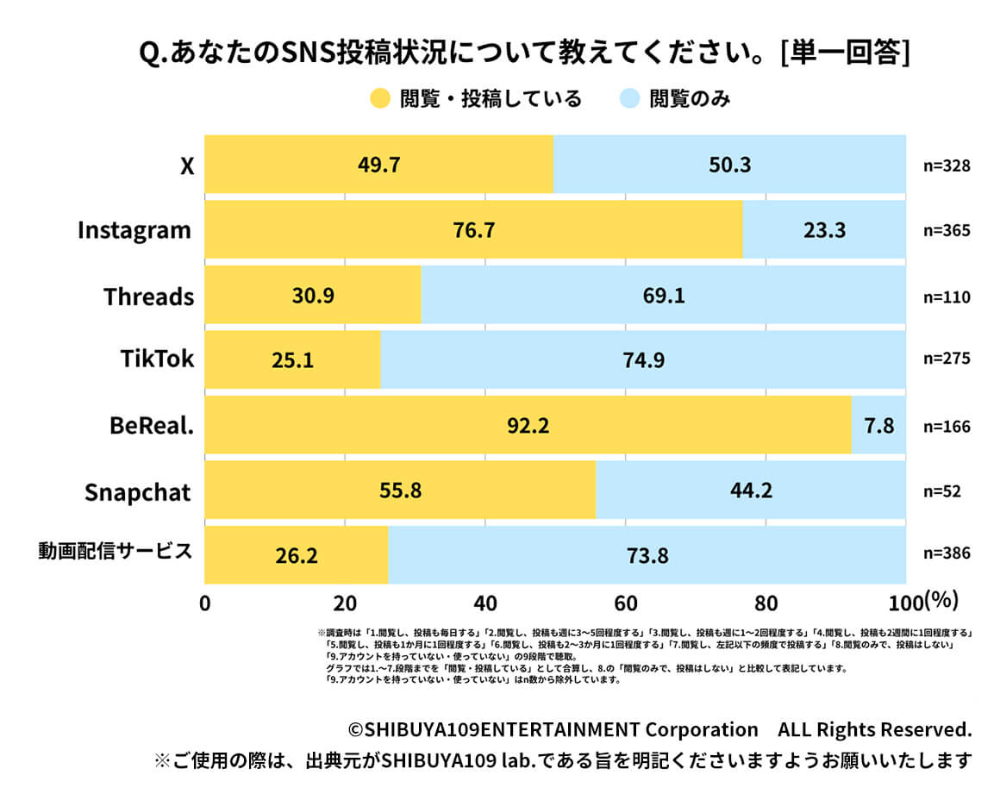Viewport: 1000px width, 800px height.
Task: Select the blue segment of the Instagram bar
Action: [824, 230]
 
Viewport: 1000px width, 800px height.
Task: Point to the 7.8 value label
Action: [879, 426]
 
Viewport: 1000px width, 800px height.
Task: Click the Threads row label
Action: [148, 297]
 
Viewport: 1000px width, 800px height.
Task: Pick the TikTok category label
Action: [156, 359]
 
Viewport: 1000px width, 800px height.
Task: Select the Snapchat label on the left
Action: [137, 491]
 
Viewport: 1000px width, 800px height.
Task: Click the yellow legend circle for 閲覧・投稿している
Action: [380, 98]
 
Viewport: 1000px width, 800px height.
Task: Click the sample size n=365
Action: [947, 231]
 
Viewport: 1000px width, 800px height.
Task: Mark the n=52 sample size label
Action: [942, 491]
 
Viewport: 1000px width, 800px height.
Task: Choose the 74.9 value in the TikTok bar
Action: [643, 360]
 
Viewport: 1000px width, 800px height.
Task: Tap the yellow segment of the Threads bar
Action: [313, 296]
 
